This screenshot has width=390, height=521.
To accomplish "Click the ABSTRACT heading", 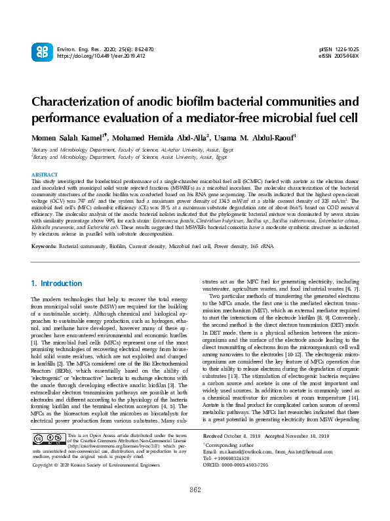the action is click(x=45, y=175).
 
